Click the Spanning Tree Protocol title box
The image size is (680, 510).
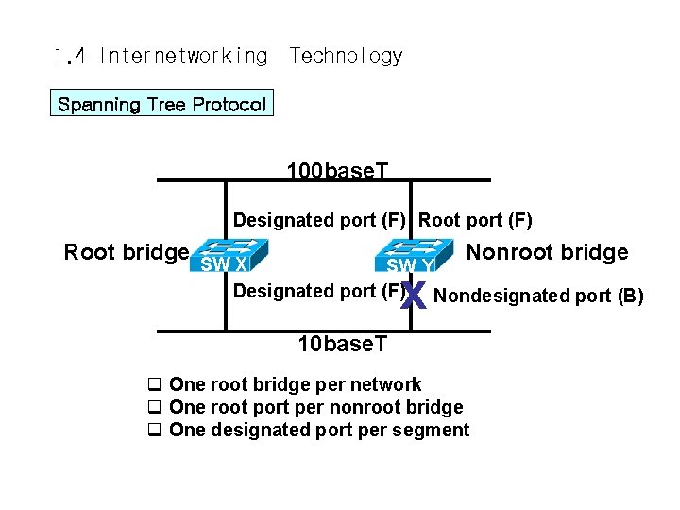[161, 104]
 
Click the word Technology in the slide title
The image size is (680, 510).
[346, 57]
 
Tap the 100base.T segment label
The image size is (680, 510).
[337, 170]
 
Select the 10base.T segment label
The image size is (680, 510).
[342, 344]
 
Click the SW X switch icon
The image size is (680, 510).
[230, 255]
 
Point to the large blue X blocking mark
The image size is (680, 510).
[413, 297]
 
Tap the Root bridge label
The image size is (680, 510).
[126, 252]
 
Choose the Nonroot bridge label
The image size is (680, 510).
[547, 252]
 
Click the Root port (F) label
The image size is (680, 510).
[475, 221]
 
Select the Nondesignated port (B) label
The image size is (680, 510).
[538, 297]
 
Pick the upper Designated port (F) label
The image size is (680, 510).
[319, 221]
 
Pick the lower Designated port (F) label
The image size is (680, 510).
[317, 291]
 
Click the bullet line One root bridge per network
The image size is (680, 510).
[295, 384]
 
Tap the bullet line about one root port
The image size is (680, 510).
[315, 407]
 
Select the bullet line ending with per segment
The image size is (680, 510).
[318, 431]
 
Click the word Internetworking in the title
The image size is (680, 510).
[183, 57]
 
